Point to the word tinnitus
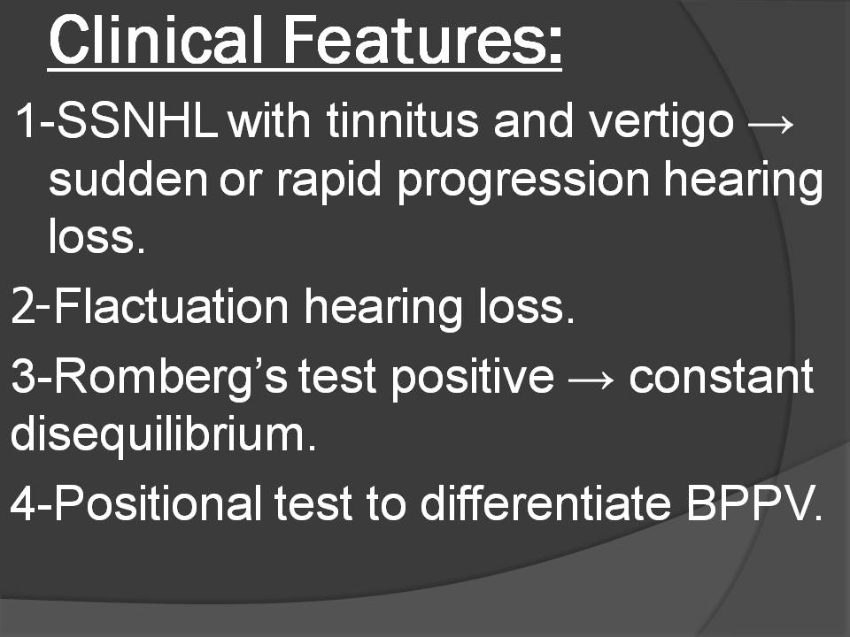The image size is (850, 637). [403, 120]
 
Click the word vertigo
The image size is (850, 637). [661, 124]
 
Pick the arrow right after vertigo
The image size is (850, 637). [770, 124]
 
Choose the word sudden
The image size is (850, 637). [127, 179]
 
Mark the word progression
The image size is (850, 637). [523, 183]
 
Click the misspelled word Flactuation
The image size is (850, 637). [171, 306]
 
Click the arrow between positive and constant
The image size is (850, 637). [591, 380]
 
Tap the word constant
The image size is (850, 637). [721, 377]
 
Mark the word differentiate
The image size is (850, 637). [546, 503]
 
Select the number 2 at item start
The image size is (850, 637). [23, 306]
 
